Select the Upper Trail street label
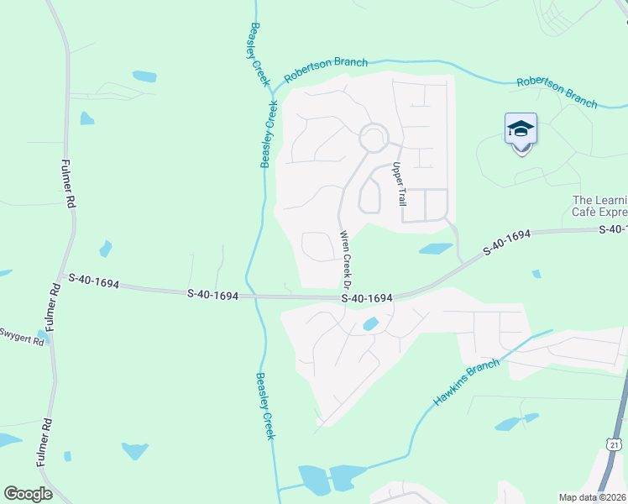pyautogui.click(x=400, y=185)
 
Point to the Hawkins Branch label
pyautogui.click(x=467, y=383)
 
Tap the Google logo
pyautogui.click(x=28, y=494)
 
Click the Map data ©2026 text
pyautogui.click(x=592, y=497)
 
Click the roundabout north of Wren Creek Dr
pyautogui.click(x=374, y=138)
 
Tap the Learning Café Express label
pyautogui.click(x=599, y=207)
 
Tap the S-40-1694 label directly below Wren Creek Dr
pyautogui.click(x=367, y=298)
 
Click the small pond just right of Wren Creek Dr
pyautogui.click(x=436, y=249)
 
